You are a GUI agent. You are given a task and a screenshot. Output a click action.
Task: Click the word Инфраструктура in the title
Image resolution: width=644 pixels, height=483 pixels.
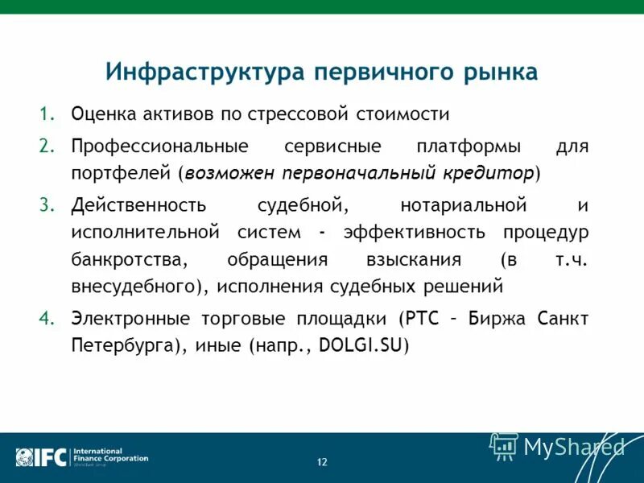click(204, 72)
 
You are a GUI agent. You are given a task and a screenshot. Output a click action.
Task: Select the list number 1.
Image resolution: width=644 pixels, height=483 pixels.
click(44, 114)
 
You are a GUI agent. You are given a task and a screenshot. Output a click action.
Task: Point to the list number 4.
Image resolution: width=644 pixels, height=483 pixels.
click(44, 318)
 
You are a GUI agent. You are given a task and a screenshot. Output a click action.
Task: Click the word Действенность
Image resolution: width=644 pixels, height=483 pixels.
click(139, 204)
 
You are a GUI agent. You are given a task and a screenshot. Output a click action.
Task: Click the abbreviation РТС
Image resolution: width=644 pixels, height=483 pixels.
click(424, 318)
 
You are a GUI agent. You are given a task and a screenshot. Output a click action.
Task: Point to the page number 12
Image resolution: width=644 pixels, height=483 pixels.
click(322, 462)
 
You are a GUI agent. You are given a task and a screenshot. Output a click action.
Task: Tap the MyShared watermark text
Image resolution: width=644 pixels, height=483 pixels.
click(574, 447)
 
